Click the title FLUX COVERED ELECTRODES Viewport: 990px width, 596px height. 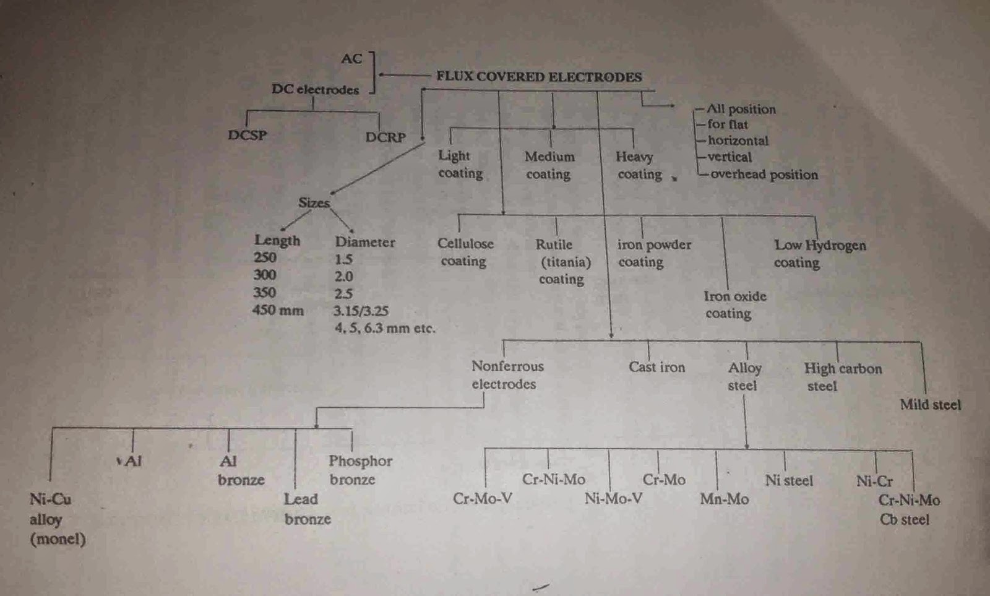(539, 77)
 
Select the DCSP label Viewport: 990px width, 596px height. (247, 135)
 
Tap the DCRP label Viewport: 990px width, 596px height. (385, 137)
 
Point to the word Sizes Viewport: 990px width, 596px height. (314, 203)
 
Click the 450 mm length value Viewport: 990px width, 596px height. (278, 310)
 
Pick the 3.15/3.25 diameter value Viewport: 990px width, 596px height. (361, 311)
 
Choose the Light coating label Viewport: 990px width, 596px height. (460, 165)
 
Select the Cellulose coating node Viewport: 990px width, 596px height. (465, 252)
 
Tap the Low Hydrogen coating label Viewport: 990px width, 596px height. (819, 254)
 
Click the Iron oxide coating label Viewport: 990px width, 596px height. (734, 304)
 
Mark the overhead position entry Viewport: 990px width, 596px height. (764, 175)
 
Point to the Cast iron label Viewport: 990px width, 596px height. (656, 367)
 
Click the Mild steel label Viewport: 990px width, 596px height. (930, 405)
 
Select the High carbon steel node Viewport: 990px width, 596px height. (842, 377)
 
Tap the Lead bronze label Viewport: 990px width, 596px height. (307, 509)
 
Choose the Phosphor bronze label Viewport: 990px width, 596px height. (359, 470)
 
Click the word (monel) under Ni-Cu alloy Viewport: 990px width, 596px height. (58, 539)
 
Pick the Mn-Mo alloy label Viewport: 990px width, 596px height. (724, 499)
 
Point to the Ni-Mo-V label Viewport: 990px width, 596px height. (613, 498)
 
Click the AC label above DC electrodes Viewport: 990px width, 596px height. (351, 59)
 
